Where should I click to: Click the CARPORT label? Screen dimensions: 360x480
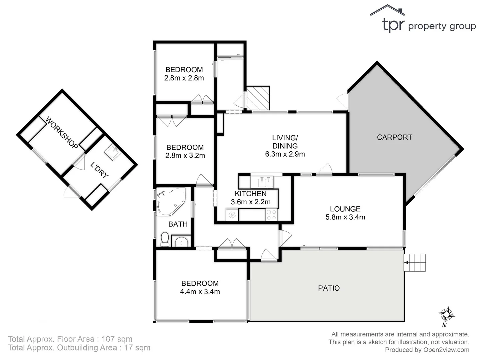coord(394,137)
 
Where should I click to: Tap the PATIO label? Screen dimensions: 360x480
coord(329,288)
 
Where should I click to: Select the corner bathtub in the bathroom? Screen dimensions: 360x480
coord(170,200)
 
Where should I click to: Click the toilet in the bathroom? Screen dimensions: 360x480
coord(165,239)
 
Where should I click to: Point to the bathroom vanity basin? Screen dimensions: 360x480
coord(182,241)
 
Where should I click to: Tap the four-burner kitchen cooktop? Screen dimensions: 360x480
coord(272,215)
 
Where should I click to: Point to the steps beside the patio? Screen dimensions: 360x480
coord(415,263)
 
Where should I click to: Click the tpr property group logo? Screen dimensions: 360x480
coord(423,20)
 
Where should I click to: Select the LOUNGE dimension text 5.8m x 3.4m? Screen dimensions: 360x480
coord(345,217)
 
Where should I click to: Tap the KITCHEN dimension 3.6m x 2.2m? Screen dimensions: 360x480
coord(251,202)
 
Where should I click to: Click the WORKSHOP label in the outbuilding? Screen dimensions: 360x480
coord(62,133)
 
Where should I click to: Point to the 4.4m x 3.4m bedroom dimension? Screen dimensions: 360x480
coord(200,292)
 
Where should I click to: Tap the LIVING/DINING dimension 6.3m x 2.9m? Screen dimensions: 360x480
coord(285,154)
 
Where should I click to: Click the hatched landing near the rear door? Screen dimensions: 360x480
coord(257,98)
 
